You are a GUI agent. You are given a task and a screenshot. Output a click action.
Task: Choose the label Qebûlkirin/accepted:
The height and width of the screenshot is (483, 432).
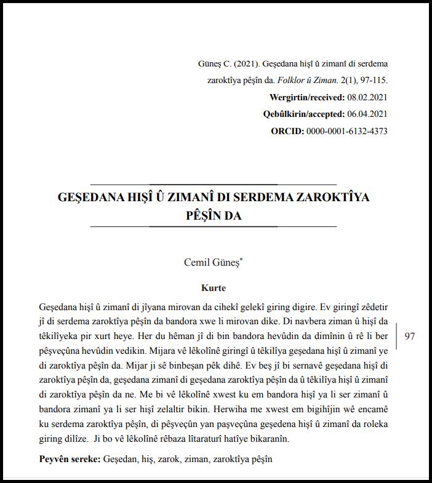point(303,114)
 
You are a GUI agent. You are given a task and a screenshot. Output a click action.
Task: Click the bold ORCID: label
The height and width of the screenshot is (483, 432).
point(287,131)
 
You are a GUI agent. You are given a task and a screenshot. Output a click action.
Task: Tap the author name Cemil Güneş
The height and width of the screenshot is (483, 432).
point(212,262)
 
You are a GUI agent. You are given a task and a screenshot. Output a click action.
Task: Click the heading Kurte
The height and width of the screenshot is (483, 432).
point(213,288)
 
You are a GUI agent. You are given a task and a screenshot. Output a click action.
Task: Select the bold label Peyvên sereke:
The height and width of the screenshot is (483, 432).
point(70,459)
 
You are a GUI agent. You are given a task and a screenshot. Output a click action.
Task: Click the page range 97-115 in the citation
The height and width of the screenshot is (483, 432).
point(371,81)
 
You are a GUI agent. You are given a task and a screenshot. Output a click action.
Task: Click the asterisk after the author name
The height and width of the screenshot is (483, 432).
point(241,259)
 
